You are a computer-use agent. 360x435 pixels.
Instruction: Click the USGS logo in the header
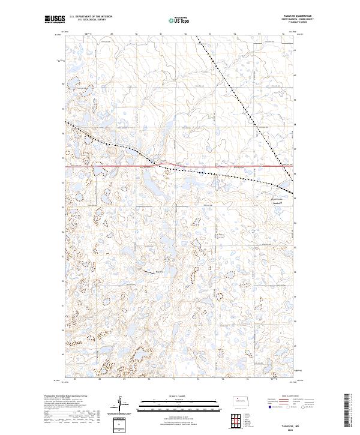54,20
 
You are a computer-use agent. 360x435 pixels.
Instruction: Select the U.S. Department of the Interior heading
91,17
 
